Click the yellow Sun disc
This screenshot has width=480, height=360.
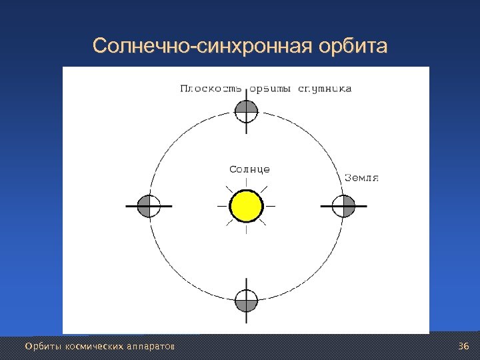(246, 205)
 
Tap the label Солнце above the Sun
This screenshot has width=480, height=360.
(249, 169)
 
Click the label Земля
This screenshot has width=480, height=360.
(362, 177)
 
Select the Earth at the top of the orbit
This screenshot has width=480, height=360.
(247, 110)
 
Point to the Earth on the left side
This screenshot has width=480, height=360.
(149, 207)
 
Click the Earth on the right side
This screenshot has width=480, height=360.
(344, 207)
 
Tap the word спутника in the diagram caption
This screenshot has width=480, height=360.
(325, 88)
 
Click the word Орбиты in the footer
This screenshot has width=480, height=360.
(39, 347)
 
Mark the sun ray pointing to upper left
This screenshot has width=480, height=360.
(230, 189)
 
